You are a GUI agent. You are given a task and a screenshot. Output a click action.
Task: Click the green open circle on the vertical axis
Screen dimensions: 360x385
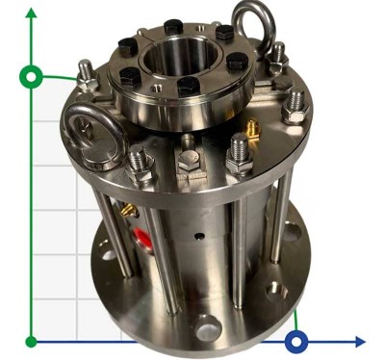click(33, 75)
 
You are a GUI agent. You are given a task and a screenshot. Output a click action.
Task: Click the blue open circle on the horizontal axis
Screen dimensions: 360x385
click(297, 340)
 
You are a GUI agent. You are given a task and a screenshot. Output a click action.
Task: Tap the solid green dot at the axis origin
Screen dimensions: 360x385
click(33, 340)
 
